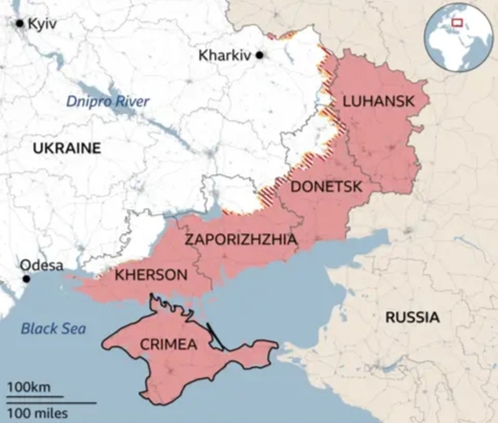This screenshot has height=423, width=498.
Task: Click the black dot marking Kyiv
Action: point(20,23)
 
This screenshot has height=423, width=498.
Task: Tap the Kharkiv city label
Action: point(225,56)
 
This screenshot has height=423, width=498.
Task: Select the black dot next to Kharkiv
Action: point(260,56)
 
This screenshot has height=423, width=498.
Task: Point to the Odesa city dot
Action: point(26,279)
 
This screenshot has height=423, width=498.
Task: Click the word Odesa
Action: point(41,265)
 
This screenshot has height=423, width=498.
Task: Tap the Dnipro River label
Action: point(107,102)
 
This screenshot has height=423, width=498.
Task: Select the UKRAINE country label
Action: point(67,148)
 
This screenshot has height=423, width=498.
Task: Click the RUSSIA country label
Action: point(413,317)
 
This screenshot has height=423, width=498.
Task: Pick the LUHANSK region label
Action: point(378,102)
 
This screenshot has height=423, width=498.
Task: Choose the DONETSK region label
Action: point(326,187)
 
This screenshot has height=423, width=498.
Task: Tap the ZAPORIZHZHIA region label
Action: point(241,239)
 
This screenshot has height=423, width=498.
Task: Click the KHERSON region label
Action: point(151,275)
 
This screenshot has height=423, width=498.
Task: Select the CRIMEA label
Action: point(168,344)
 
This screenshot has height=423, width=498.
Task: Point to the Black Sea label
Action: point(53,328)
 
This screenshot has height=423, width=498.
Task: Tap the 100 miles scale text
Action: point(38,413)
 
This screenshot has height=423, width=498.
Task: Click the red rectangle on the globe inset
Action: point(457,22)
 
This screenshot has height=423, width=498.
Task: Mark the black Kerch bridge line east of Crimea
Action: point(215,337)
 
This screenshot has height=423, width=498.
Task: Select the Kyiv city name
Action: point(42,23)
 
